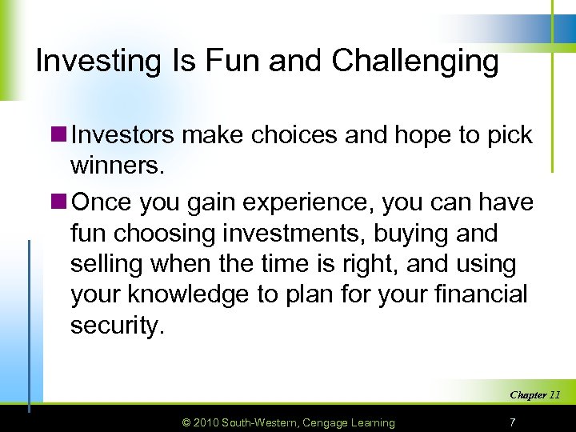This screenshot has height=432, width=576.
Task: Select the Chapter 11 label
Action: tap(534, 394)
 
